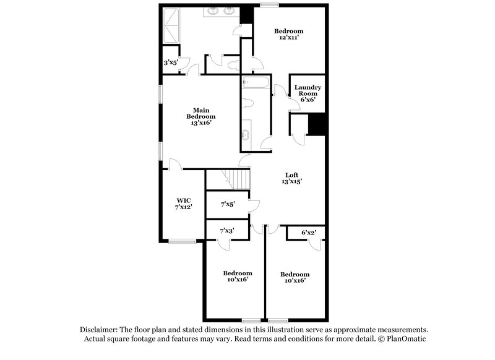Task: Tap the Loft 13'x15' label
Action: [x=293, y=178]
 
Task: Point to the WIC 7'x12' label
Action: [x=184, y=204]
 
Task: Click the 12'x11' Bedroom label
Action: [x=288, y=35]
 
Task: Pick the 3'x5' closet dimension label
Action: [x=171, y=62]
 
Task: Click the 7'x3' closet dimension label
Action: [x=227, y=230]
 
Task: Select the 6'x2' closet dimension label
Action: [x=308, y=233]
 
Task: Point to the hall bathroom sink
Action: [x=246, y=134]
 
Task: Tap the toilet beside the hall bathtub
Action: [x=247, y=103]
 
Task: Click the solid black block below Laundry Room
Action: [x=317, y=124]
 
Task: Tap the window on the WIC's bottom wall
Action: [x=182, y=241]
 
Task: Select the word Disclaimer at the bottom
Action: [x=98, y=330]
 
